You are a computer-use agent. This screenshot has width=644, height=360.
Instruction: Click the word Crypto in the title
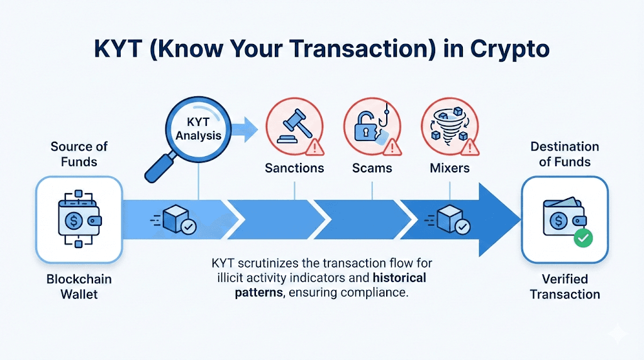[x=509, y=49]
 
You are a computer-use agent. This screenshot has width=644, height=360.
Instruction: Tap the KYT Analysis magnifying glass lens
[x=198, y=129]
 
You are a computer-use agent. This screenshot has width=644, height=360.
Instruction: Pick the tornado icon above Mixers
[x=448, y=125]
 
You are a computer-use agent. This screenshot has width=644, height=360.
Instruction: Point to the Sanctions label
[x=294, y=168]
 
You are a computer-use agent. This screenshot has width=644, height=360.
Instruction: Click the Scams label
[x=372, y=168]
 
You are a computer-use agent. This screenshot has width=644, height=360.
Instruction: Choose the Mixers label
[x=450, y=168]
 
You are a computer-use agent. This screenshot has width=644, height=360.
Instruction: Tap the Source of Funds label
[x=79, y=154]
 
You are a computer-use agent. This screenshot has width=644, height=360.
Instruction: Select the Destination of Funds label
[x=565, y=154]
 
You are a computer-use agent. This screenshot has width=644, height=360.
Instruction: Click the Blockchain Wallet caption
[x=79, y=286]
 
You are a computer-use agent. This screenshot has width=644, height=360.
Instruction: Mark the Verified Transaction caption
[x=565, y=286]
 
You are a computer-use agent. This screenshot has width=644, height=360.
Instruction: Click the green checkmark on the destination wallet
[x=583, y=238]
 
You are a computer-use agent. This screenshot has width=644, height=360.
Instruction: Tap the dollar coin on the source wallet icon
[x=74, y=221]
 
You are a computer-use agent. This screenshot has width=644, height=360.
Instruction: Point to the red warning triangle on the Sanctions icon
[x=314, y=147]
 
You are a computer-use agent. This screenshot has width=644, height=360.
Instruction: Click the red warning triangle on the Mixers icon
[x=470, y=147]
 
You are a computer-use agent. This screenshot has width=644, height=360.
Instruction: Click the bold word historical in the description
[x=399, y=278]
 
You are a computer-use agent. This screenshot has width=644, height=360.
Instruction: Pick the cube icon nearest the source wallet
[x=176, y=218]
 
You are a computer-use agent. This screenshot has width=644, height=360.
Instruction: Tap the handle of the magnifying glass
[x=160, y=167]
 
